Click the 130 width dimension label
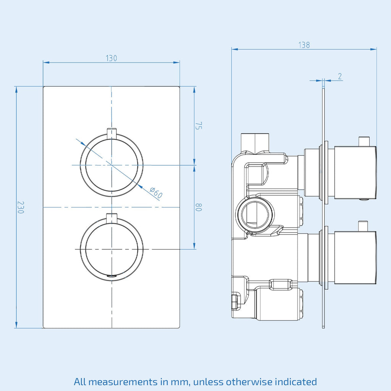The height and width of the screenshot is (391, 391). click(x=111, y=58)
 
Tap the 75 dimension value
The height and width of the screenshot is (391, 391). click(x=198, y=126)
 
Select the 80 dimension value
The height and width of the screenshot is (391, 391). click(x=198, y=207)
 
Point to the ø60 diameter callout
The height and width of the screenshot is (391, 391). click(x=156, y=193)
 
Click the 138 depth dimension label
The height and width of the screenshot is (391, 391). click(x=304, y=45)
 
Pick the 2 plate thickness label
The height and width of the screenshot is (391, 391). click(x=339, y=76)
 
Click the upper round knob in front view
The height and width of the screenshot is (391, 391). click(x=111, y=165)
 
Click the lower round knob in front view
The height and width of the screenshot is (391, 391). click(x=111, y=249)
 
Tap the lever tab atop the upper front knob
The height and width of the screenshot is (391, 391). click(x=111, y=133)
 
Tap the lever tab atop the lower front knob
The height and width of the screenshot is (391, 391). click(x=111, y=218)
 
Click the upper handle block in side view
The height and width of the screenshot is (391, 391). click(x=355, y=173)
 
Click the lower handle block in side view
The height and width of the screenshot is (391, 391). click(x=355, y=258)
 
